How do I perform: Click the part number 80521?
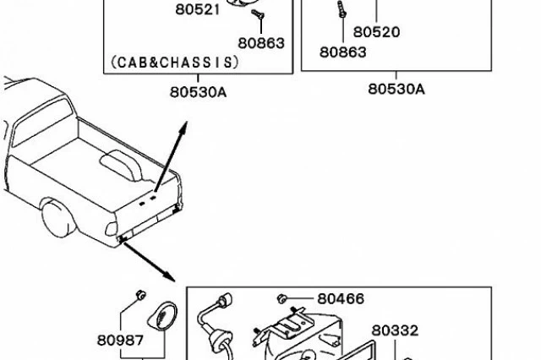tap(197, 9)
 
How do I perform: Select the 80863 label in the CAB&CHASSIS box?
tap(261, 43)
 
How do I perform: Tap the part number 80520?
tap(376, 32)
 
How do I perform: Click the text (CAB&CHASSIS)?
tap(175, 63)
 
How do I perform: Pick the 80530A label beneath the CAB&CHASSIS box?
tap(198, 92)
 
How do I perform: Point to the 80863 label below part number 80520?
tap(342, 52)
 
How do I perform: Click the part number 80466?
tap(341, 298)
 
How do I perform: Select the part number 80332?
tap(395, 330)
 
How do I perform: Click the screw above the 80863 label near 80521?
tap(258, 14)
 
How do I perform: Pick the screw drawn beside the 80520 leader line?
tap(342, 9)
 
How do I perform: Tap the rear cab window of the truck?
tap(42, 122)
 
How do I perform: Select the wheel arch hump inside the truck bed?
tap(121, 166)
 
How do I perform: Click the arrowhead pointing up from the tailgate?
tap(183, 128)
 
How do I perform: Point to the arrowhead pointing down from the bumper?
tap(169, 275)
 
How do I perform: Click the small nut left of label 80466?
tap(281, 298)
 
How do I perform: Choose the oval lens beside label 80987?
tap(162, 315)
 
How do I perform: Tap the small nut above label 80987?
tap(140, 295)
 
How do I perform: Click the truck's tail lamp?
tap(111, 228)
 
